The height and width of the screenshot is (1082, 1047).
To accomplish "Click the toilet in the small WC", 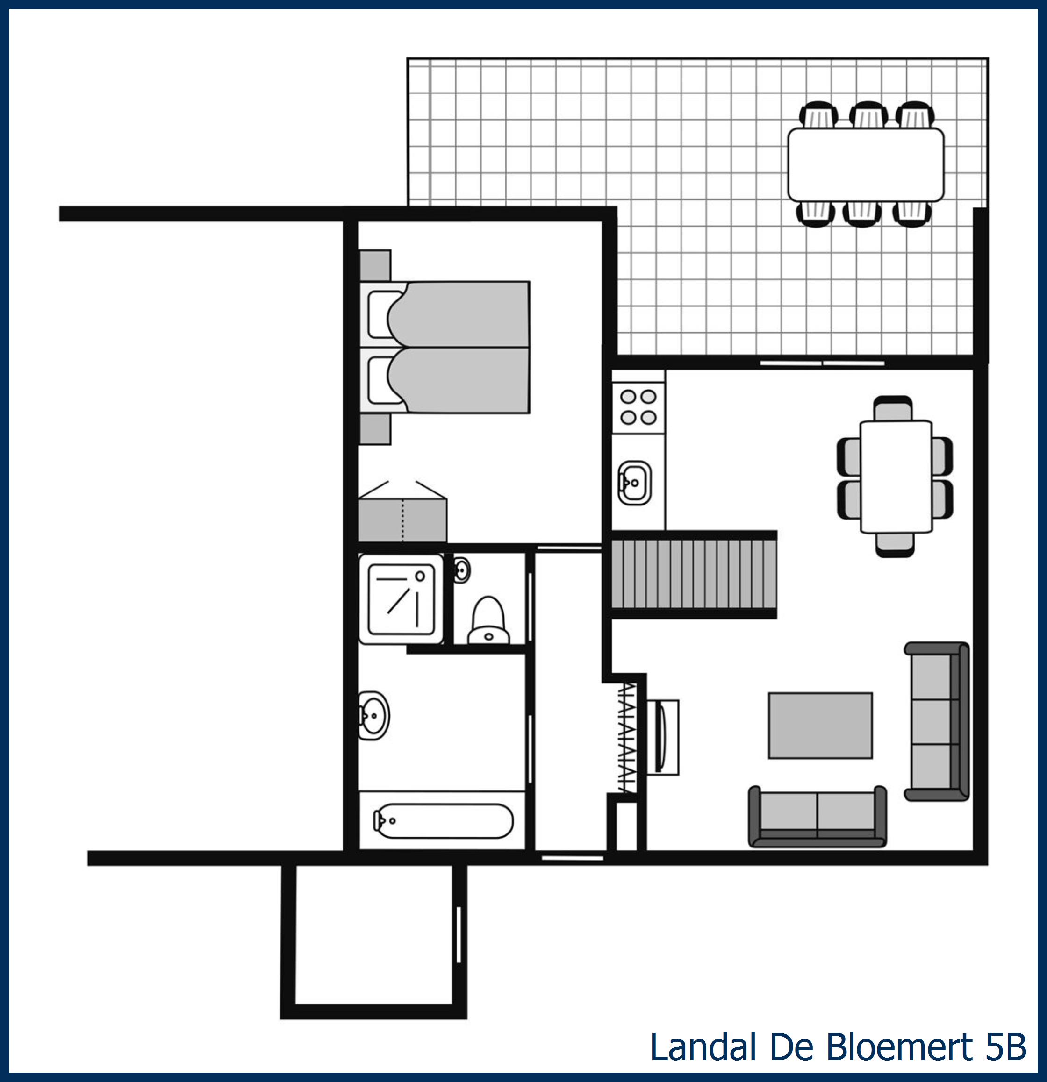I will tap(488, 620).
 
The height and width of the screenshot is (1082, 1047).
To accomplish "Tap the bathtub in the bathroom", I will tap(444, 821).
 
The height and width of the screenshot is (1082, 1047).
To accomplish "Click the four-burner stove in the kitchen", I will tap(638, 407).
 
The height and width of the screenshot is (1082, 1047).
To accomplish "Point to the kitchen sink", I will tap(634, 483).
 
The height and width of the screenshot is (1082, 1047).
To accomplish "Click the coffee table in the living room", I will tap(820, 726).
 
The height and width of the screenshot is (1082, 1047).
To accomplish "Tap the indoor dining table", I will tap(896, 477).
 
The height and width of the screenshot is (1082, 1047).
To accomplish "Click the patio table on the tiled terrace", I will tap(865, 164).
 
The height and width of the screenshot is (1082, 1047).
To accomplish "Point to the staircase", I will tap(694, 574).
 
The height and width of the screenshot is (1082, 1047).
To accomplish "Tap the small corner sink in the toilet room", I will tap(462, 569).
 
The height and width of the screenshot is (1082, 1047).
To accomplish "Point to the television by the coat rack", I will tap(660, 738).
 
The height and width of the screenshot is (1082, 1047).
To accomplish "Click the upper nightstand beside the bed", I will tap(375, 265).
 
